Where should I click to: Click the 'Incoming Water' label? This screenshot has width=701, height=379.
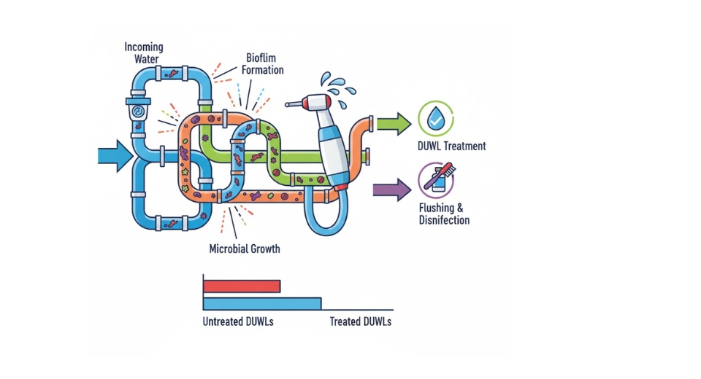click(x=144, y=53)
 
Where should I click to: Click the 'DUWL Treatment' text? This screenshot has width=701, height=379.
click(x=452, y=146)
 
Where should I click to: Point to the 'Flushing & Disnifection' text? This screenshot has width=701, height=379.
click(x=444, y=214)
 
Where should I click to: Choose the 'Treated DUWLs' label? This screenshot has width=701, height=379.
click(x=360, y=321)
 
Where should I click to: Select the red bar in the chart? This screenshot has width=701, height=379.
click(x=242, y=286)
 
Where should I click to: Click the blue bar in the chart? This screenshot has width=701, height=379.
click(x=262, y=303)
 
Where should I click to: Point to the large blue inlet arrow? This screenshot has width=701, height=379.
click(x=114, y=156)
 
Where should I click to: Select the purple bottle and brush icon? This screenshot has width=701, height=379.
click(x=436, y=179)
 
